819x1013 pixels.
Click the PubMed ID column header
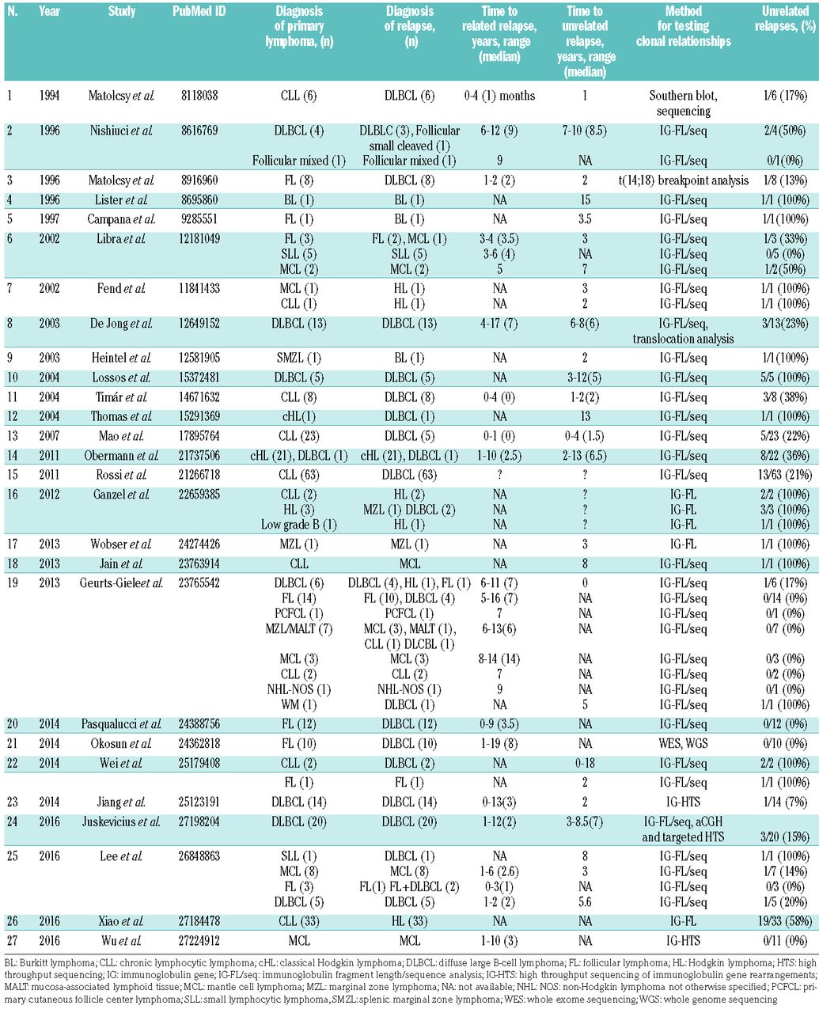(x=196, y=13)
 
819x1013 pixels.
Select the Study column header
(x=121, y=13)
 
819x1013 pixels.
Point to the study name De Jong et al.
(x=121, y=323)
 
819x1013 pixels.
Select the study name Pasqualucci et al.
(x=121, y=724)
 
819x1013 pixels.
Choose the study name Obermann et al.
(x=121, y=455)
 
